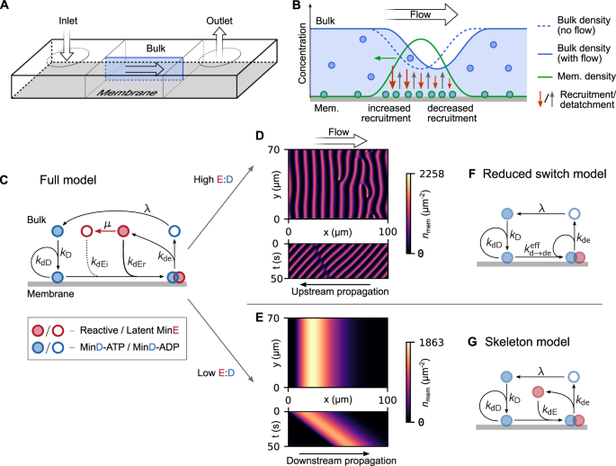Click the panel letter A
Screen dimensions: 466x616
7,8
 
